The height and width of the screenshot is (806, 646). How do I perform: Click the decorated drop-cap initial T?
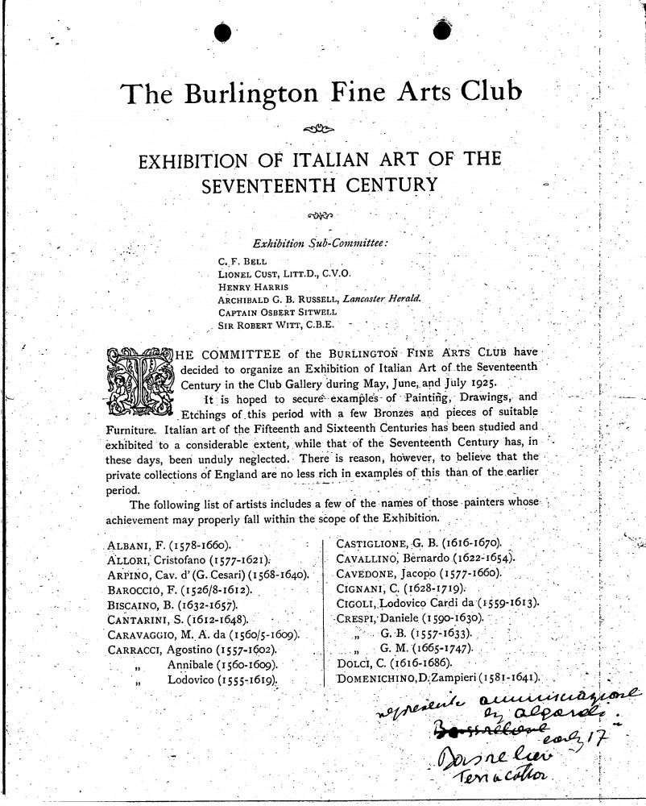click(x=141, y=380)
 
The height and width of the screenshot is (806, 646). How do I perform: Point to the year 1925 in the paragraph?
click(x=481, y=382)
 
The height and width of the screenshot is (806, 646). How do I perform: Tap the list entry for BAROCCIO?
click(x=180, y=589)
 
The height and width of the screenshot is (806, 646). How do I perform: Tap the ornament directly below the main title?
click(x=321, y=129)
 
